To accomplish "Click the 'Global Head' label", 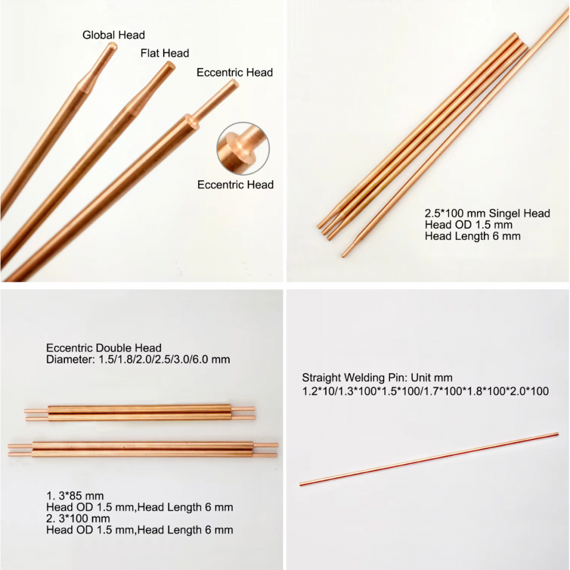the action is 113,35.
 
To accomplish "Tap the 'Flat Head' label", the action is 165,53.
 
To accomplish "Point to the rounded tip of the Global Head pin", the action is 113,46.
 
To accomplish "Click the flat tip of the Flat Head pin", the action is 170,66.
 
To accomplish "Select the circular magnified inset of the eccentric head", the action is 243,148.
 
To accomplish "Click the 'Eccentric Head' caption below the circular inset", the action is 235,184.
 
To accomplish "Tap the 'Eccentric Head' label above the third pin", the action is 234,72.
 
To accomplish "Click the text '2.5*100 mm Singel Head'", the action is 487,213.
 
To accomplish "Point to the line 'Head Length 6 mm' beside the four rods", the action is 473,236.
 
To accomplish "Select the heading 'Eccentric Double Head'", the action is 104,348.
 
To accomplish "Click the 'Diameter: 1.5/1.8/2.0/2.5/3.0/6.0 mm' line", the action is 138,359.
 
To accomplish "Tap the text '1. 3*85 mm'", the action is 75,496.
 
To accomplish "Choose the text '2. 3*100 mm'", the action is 78,518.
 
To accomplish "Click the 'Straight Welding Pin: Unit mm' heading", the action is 377,378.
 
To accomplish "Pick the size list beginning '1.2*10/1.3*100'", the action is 425,391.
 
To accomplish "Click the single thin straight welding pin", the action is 429,459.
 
